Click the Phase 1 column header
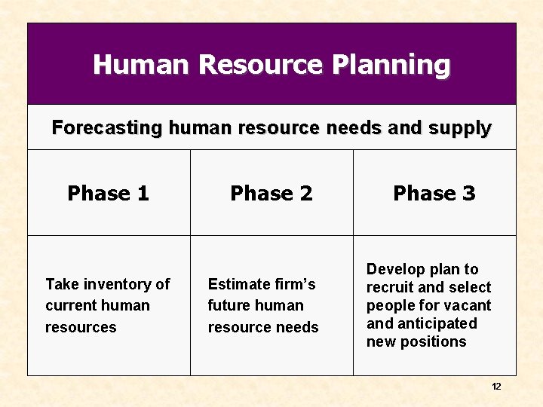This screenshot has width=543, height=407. tap(109, 194)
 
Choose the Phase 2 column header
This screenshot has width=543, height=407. tap(271, 194)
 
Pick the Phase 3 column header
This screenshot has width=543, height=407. tap(434, 194)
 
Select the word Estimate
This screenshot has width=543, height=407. tap(239, 284)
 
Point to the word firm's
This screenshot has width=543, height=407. tap(295, 284)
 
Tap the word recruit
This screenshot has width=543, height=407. tap(389, 287)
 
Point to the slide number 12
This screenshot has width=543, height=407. tap(496, 387)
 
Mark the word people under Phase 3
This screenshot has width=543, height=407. tap(390, 305)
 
